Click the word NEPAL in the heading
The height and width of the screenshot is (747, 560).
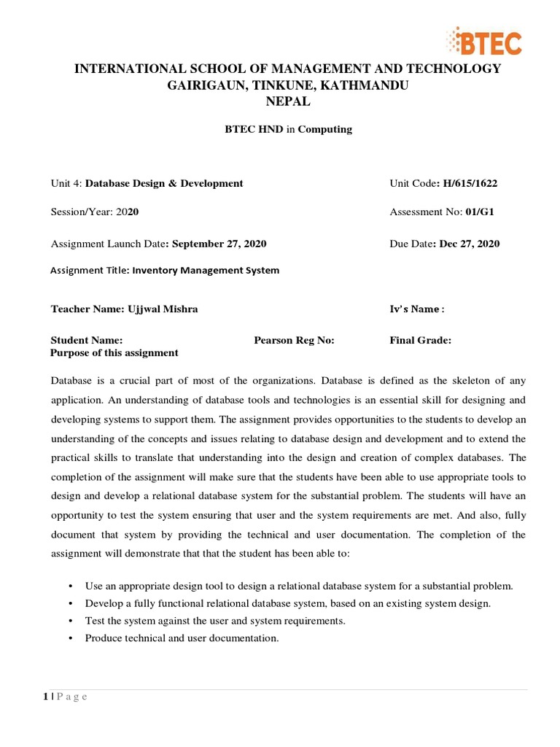click(288, 102)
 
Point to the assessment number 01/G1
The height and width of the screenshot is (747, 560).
click(481, 212)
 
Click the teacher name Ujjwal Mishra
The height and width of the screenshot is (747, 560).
click(163, 309)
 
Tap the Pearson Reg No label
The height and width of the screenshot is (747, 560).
click(294, 340)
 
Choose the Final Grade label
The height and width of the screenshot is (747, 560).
click(421, 340)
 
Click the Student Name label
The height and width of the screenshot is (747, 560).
click(86, 340)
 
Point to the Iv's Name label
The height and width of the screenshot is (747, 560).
click(416, 309)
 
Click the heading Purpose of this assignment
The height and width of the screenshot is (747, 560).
click(114, 352)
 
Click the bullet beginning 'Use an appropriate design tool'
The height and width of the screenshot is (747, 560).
click(299, 586)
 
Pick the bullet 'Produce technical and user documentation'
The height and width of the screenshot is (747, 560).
click(182, 638)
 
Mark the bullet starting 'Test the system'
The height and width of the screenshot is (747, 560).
click(215, 621)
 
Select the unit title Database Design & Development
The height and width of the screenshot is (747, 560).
click(164, 183)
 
